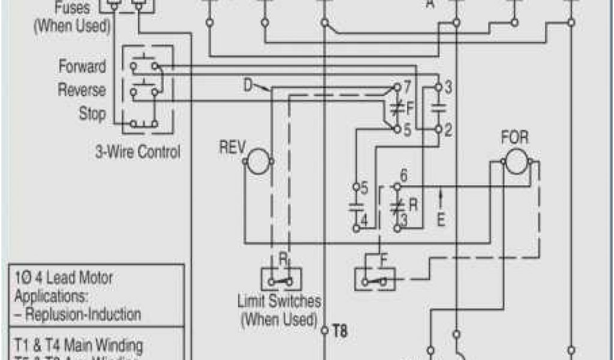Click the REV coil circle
(x=258, y=162)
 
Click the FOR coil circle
(x=515, y=161)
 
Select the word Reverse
(x=82, y=90)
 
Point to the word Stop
(x=92, y=113)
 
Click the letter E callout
(x=441, y=220)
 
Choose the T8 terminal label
(x=340, y=330)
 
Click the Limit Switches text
(x=279, y=301)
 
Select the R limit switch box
(x=281, y=278)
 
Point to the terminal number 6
(x=404, y=175)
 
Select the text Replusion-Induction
(x=82, y=314)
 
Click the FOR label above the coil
(x=514, y=137)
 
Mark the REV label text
(x=230, y=148)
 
